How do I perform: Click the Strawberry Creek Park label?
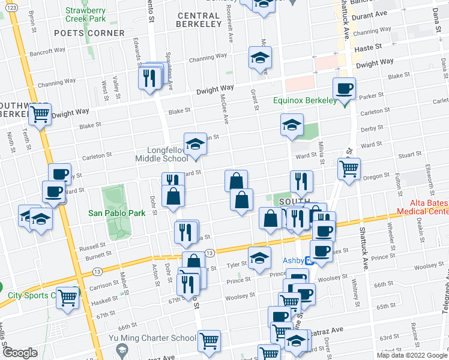click(85, 14)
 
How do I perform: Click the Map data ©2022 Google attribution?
click(412, 355)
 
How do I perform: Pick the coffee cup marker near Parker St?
click(345, 89)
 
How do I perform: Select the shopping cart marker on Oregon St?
click(349, 169)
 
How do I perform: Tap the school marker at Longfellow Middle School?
click(195, 144)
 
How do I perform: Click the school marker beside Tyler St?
click(259, 258)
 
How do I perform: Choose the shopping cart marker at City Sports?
click(67, 297)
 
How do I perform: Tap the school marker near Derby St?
click(291, 125)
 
